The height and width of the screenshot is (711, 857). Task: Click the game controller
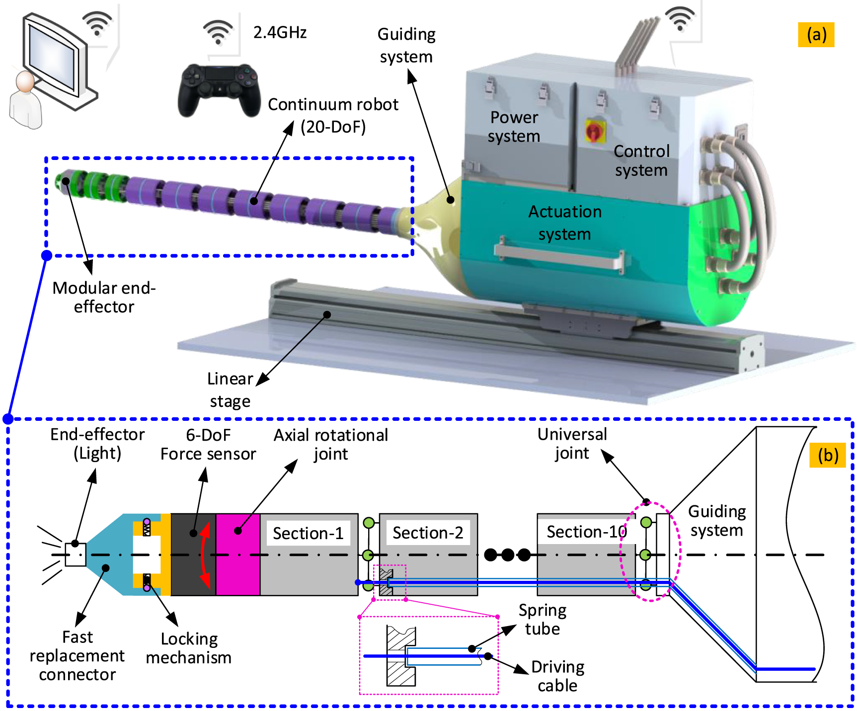[219, 89]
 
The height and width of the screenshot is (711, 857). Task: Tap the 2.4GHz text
[280, 32]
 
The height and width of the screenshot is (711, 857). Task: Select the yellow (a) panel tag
[816, 35]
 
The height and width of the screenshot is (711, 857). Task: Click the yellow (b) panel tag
[828, 455]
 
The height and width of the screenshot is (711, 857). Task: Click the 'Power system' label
[514, 127]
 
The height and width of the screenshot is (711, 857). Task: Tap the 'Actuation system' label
[565, 223]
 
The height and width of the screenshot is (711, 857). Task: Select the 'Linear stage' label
[230, 390]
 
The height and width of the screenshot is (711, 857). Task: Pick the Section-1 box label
[308, 533]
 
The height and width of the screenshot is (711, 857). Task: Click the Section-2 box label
[428, 533]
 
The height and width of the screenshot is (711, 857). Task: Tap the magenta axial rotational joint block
[238, 554]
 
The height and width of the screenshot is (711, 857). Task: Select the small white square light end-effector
[76, 554]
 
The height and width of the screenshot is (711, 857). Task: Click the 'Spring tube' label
[543, 619]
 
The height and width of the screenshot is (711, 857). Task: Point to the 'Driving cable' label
[557, 676]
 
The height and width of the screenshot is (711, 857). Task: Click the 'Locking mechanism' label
[189, 648]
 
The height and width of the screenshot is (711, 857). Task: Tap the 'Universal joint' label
[572, 444]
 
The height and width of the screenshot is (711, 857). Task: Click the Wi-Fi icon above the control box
[680, 19]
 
